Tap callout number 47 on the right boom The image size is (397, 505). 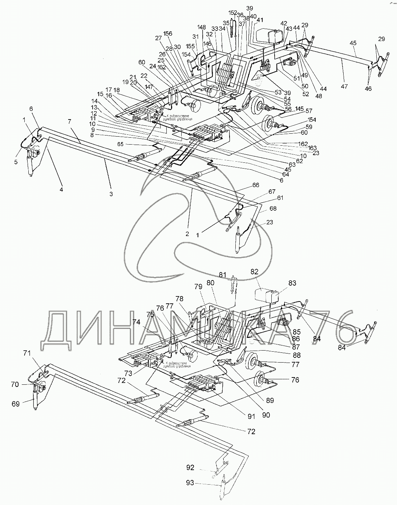pos(344,86)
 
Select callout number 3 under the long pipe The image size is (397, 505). pos(111,194)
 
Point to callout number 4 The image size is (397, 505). pos(61,189)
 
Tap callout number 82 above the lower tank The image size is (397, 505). pos(254,271)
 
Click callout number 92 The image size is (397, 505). pos(191,468)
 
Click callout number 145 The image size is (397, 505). pos(299,109)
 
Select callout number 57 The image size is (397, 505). pos(309,110)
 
